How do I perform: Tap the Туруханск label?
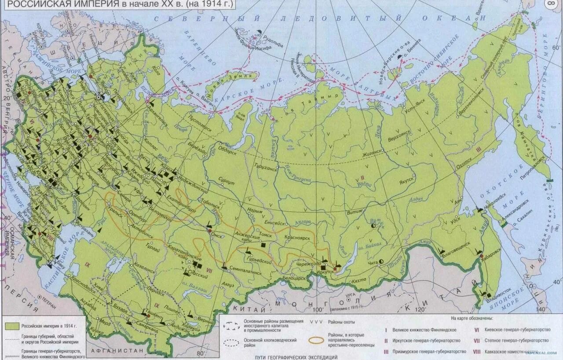pyautogui.click(x=267, y=168)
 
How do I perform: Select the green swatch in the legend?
pyautogui.click(x=12, y=326)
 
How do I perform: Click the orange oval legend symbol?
pyautogui.click(x=316, y=340)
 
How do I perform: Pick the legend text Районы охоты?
pyautogui.click(x=341, y=322)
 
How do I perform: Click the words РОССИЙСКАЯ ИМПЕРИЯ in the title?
pyautogui.click(x=57, y=4)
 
